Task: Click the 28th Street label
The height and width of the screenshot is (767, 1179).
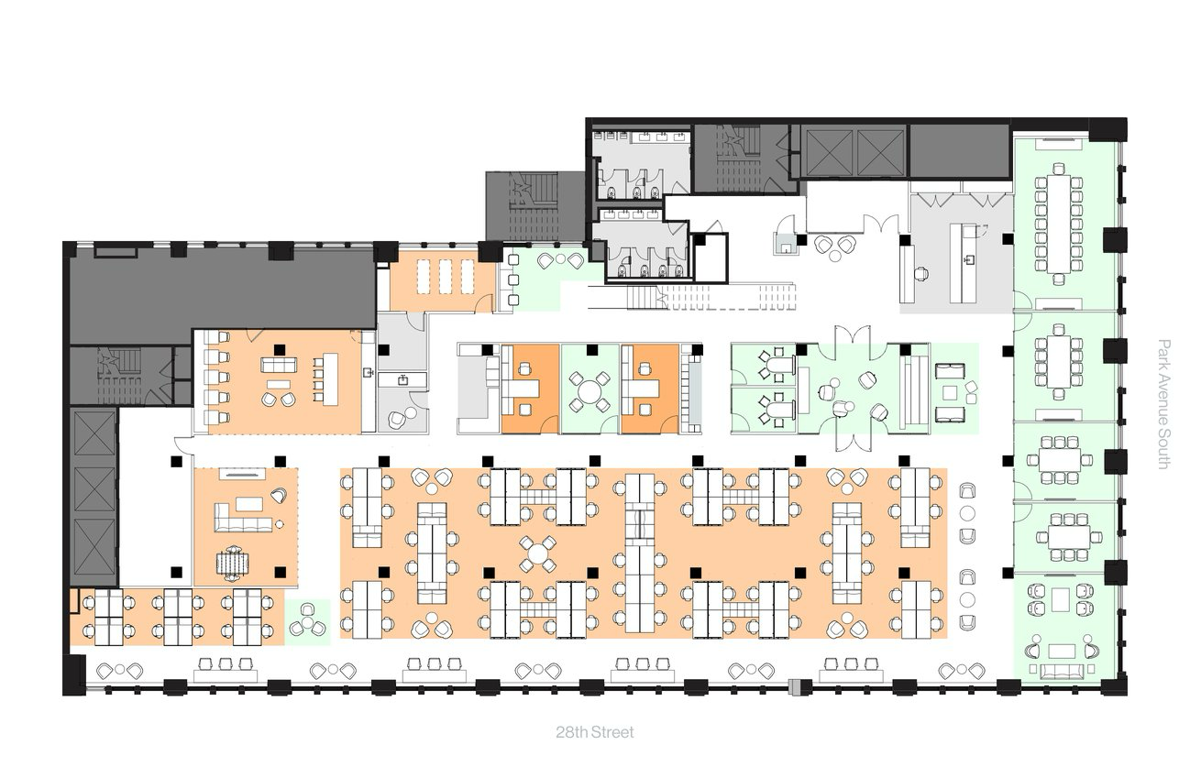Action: pos(593,732)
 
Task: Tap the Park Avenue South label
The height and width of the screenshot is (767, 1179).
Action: pos(1163,404)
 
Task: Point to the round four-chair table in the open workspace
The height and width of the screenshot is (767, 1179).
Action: pos(538,553)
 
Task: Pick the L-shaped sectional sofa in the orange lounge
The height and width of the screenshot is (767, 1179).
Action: pos(241,517)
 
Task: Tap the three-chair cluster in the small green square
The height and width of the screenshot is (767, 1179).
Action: pos(307,622)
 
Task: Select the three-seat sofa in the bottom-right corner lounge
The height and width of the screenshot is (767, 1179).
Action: pos(1062,672)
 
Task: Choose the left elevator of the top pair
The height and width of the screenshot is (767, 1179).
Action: pos(828,152)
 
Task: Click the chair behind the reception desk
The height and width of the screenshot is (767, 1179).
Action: pos(922,272)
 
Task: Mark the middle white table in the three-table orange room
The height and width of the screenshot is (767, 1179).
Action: pos(445,276)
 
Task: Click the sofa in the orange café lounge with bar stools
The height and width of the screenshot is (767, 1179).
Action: pos(279,365)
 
